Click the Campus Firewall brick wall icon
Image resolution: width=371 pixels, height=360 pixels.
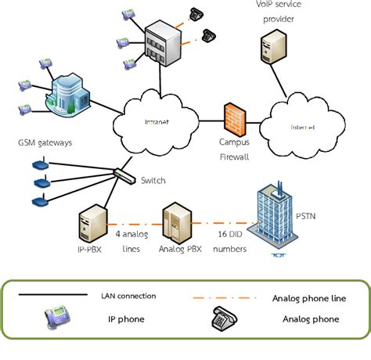(234, 119)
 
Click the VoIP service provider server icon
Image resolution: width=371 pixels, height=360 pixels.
(272, 49)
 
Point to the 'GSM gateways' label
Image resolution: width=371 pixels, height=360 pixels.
(45, 143)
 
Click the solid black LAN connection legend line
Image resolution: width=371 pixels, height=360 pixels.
(52, 295)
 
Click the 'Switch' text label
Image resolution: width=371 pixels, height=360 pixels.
(153, 181)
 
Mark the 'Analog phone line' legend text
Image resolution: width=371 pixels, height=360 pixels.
(308, 297)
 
